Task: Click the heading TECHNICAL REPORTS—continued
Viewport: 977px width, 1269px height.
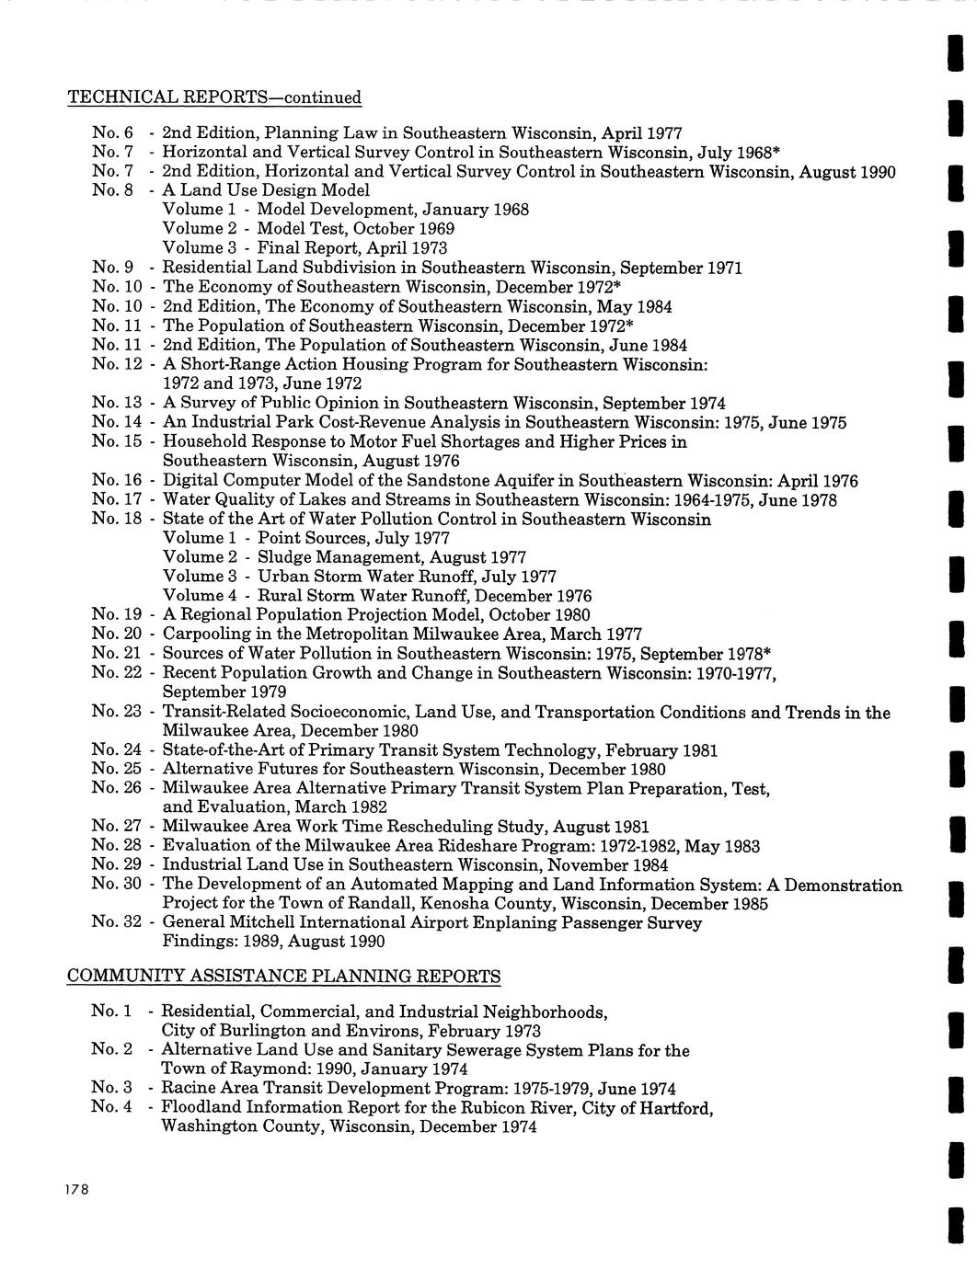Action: point(214,97)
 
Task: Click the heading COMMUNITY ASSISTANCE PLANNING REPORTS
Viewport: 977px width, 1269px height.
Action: point(284,976)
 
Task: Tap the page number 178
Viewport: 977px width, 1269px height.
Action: point(75,1190)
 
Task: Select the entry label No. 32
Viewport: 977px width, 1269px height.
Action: point(117,922)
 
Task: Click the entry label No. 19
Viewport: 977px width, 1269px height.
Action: point(117,614)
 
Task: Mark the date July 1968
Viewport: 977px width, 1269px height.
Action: point(737,153)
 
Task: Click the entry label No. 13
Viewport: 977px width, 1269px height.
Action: point(117,403)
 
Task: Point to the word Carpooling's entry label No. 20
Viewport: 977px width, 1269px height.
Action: point(117,634)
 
